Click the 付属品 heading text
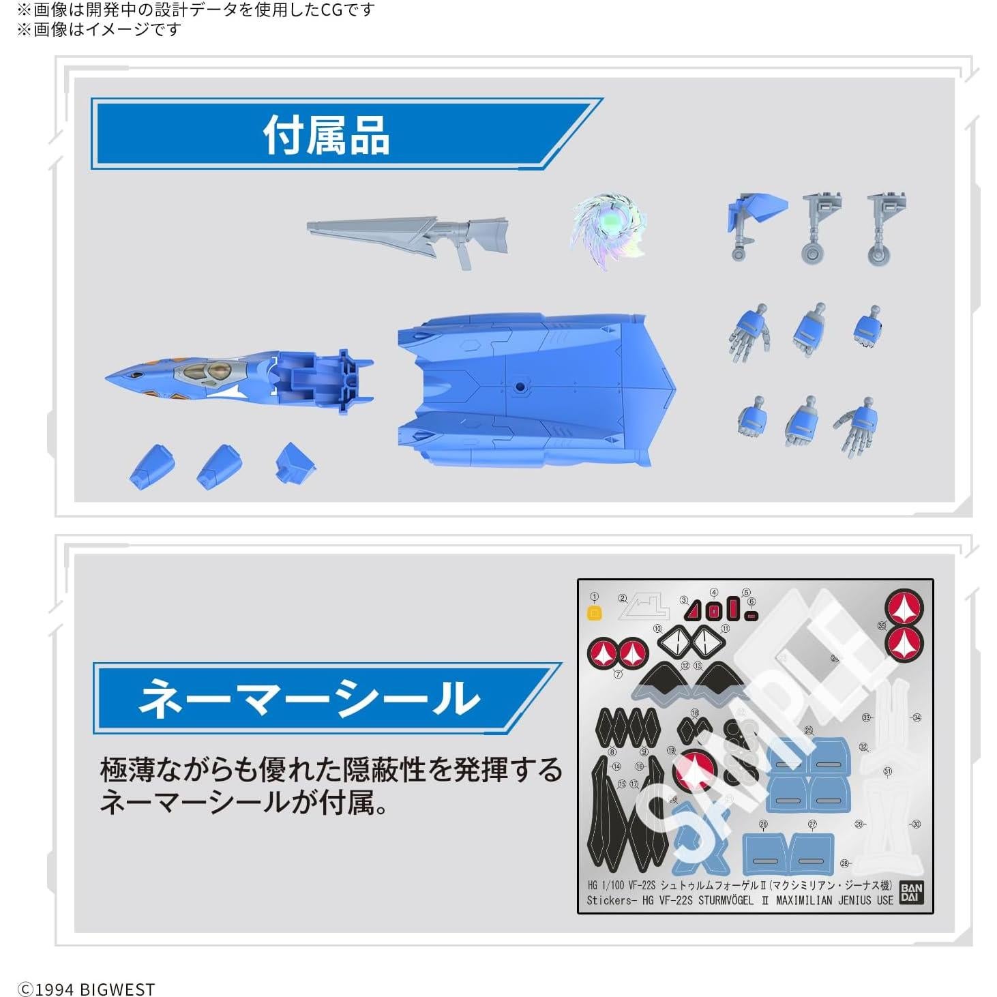pos(326,136)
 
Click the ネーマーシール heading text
pos(309,698)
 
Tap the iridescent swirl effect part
pos(606,229)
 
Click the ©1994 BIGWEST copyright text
pos(86,989)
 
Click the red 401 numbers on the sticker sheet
pos(720,611)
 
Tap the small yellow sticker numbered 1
pos(594,612)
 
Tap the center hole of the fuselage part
pos(520,387)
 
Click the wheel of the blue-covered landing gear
pos(739,254)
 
